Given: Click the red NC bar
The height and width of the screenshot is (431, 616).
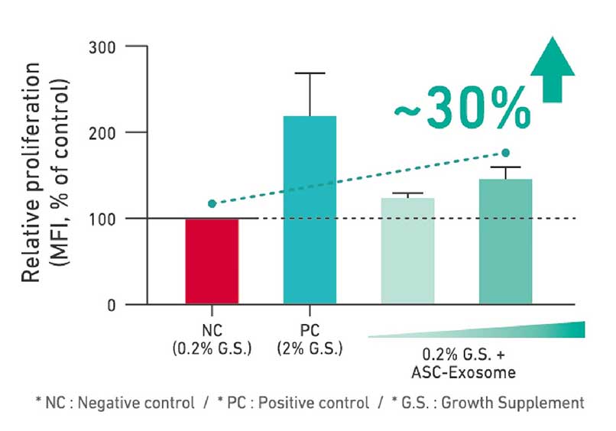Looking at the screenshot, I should (212, 261).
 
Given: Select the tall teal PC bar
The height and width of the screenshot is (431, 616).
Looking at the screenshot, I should (310, 210).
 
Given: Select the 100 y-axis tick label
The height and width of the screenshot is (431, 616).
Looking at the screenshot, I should (109, 219).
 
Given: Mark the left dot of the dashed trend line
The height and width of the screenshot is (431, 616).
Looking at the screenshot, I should (212, 203).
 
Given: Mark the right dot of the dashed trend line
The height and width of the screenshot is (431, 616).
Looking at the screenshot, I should (505, 153).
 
